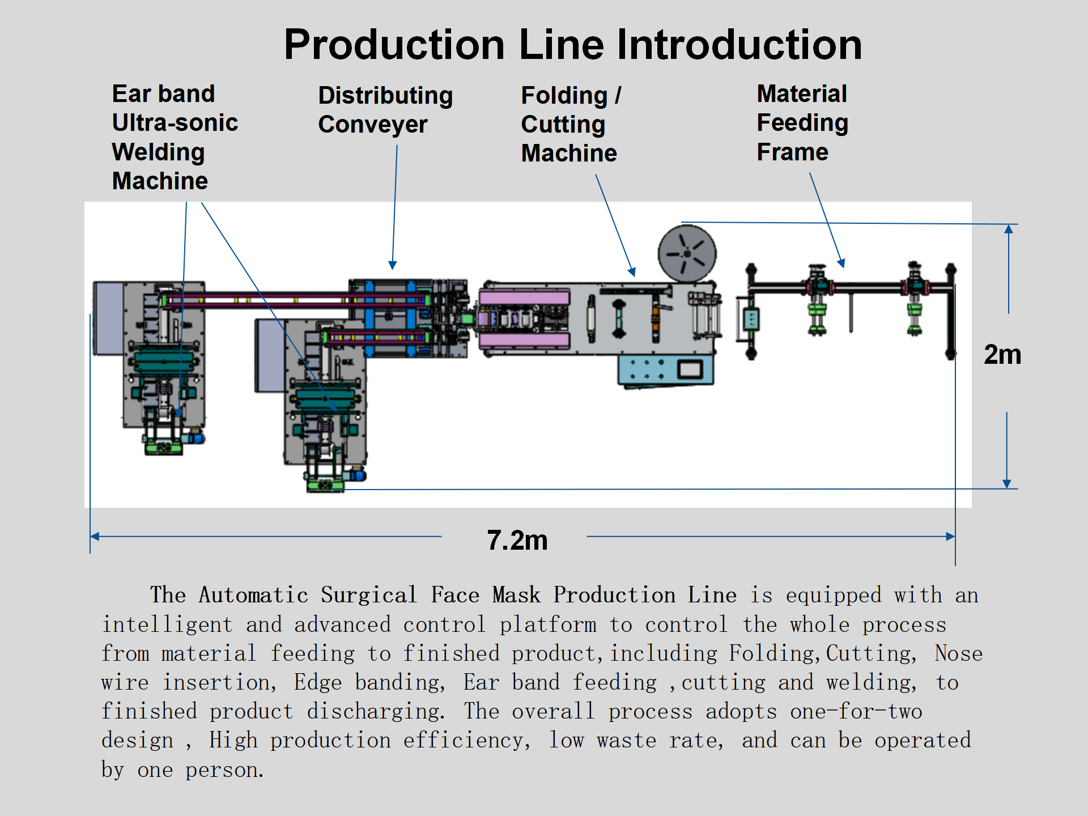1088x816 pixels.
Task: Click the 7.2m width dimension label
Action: tap(517, 540)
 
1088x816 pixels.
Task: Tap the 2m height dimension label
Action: tap(1002, 355)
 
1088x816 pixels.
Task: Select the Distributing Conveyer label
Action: tap(385, 110)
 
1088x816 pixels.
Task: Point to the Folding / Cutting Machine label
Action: tap(570, 125)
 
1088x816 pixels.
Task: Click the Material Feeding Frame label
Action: tap(802, 123)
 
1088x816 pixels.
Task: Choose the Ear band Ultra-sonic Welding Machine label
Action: tap(175, 138)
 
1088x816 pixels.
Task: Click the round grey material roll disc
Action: tap(687, 253)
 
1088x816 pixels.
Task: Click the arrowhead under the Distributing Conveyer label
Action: tap(393, 265)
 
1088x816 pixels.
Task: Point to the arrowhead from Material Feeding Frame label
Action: tap(842, 263)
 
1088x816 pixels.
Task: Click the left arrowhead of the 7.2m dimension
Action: tap(95, 536)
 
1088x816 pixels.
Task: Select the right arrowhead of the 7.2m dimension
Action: tap(950, 536)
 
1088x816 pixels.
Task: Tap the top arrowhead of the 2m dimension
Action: tap(1009, 229)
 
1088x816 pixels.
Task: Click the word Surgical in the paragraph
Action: tap(368, 595)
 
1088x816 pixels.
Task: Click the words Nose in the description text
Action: tap(958, 653)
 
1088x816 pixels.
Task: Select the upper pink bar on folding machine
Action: tap(524, 297)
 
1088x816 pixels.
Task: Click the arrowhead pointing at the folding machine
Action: tap(632, 272)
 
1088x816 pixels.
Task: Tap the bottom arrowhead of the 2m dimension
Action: tap(1006, 483)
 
